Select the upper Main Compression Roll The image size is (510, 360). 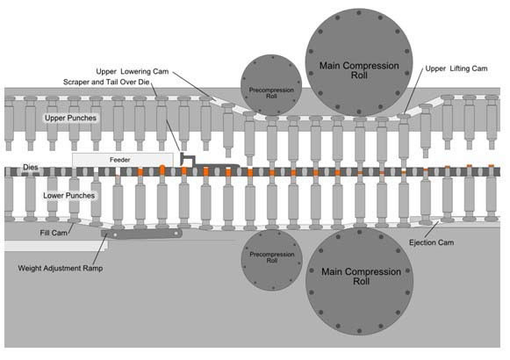click(x=359, y=62)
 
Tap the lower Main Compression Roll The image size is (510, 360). click(x=359, y=281)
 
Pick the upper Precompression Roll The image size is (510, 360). click(x=271, y=85)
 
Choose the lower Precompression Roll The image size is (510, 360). click(x=272, y=260)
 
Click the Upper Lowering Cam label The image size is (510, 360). click(x=133, y=71)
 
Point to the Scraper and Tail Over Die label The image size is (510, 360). click(x=106, y=82)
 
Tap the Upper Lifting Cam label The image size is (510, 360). click(x=456, y=68)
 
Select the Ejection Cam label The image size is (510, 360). click(x=431, y=242)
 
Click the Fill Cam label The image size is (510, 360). click(x=54, y=233)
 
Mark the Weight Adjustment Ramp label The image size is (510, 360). click(x=61, y=269)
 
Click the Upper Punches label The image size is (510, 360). click(x=70, y=118)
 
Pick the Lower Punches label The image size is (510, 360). click(x=69, y=196)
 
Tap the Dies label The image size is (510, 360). click(x=31, y=167)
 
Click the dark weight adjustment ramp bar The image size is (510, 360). click(x=141, y=234)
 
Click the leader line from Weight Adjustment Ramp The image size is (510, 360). click(x=100, y=248)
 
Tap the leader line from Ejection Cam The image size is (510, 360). click(x=432, y=229)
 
